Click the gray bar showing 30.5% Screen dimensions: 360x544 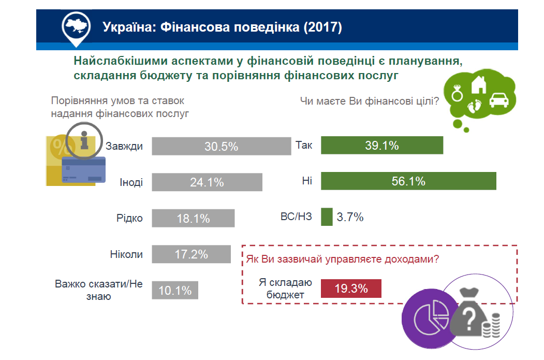[x=222, y=146]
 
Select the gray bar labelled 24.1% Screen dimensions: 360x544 [x=208, y=182]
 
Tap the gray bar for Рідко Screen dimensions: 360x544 [x=194, y=218]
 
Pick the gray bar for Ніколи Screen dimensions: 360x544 [x=192, y=254]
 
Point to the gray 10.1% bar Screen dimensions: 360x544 [x=175, y=290]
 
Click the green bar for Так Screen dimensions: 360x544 [x=382, y=145]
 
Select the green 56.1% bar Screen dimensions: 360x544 [x=408, y=181]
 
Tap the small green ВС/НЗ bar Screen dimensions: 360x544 [x=327, y=217]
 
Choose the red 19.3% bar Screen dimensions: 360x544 [x=351, y=289]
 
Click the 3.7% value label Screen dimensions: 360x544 [x=350, y=217]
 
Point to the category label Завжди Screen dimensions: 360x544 [x=124, y=146]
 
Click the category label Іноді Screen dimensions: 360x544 [x=131, y=182]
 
